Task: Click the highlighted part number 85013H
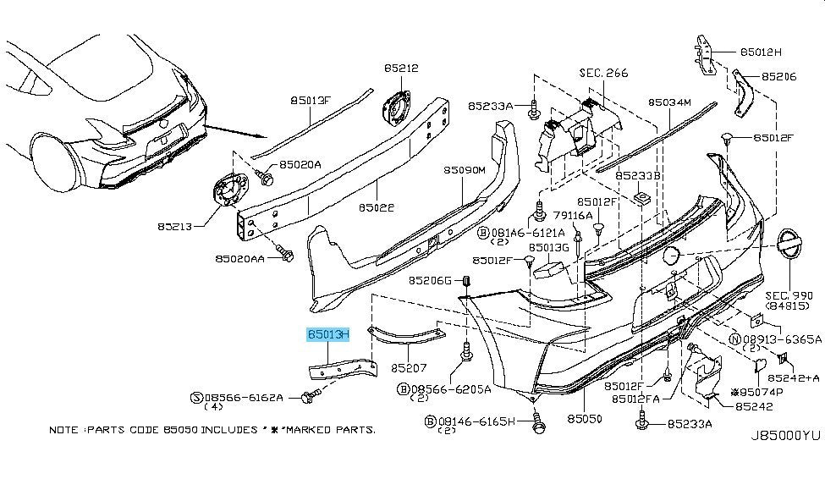(x=327, y=335)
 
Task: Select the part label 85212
(x=400, y=68)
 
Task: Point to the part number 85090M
(x=464, y=170)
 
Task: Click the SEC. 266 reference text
(x=603, y=74)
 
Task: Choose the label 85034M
(x=670, y=101)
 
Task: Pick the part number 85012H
(x=761, y=51)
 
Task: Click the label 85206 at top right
(x=778, y=76)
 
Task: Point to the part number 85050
(x=584, y=418)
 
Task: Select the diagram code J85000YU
(x=785, y=436)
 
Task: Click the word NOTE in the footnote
(x=64, y=430)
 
